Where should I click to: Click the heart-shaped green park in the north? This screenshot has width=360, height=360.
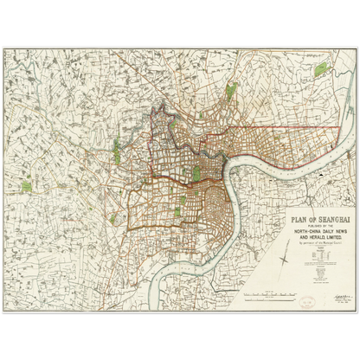[232, 90]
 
